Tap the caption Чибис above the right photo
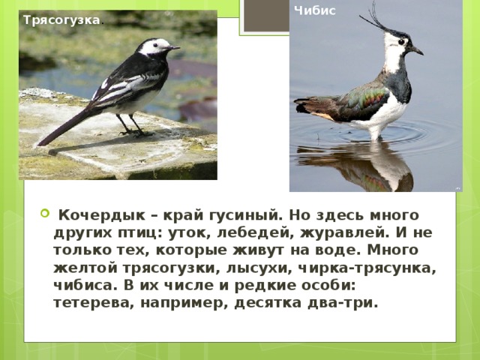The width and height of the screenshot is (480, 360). pos(315,10)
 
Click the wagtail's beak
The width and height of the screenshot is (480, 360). pos(174,48)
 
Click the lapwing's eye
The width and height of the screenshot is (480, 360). pos(402,42)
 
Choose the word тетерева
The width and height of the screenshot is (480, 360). pos(89,302)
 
